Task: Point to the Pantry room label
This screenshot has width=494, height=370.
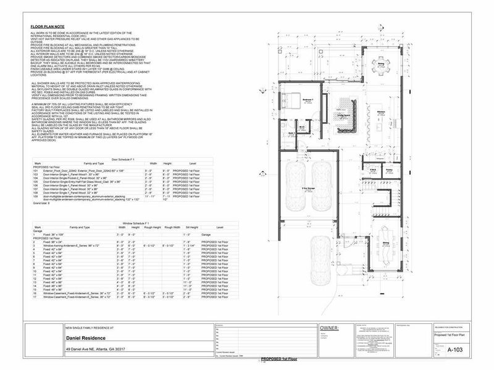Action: click(390, 168)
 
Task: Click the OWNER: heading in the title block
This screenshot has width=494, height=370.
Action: click(332, 329)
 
